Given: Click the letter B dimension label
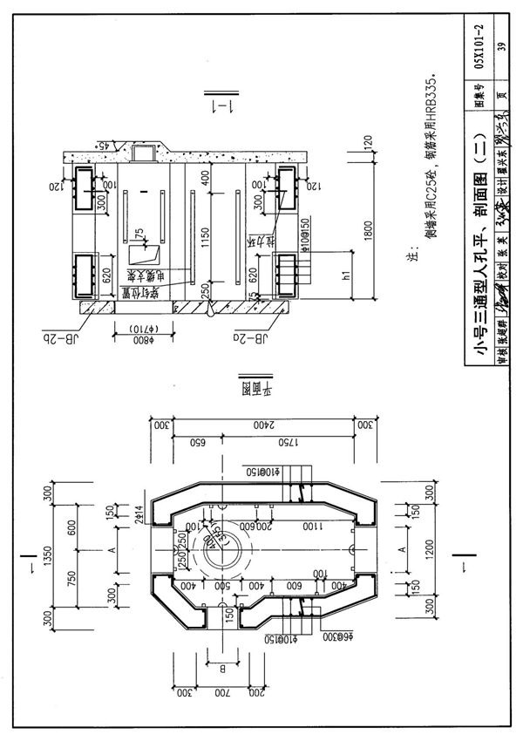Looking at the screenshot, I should click(221, 671).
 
